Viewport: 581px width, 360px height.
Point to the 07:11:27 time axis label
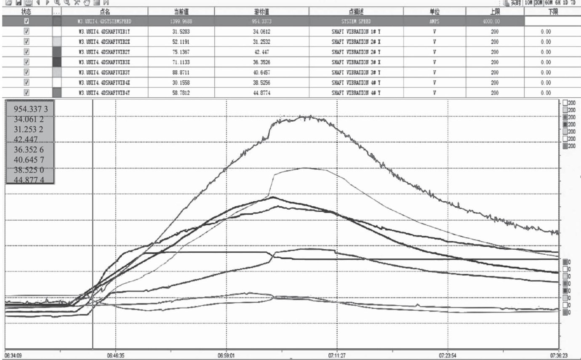pyautogui.click(x=338, y=355)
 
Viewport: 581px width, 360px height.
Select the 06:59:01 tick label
pyautogui.click(x=227, y=355)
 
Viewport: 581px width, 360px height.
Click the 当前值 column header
pyautogui.click(x=181, y=11)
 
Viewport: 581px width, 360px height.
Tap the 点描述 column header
pyautogui.click(x=356, y=11)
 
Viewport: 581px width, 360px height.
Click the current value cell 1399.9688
pyautogui.click(x=181, y=21)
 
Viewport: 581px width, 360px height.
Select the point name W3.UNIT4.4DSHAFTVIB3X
pyautogui.click(x=103, y=62)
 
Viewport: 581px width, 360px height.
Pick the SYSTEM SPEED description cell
pyautogui.click(x=356, y=21)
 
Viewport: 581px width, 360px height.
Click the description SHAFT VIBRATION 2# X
pyautogui.click(x=356, y=42)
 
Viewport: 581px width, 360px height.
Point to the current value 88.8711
pyautogui.click(x=181, y=72)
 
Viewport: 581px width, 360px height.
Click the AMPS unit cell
pyautogui.click(x=434, y=21)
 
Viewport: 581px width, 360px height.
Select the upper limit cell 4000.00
pyautogui.click(x=494, y=21)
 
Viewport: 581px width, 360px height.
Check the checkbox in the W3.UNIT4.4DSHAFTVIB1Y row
pyautogui.click(x=27, y=32)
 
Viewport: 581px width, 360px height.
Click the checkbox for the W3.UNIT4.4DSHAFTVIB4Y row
pyautogui.click(x=27, y=93)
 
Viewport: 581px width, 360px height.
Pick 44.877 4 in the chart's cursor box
pyautogui.click(x=29, y=180)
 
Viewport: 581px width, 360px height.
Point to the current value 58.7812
pyautogui.click(x=181, y=93)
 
